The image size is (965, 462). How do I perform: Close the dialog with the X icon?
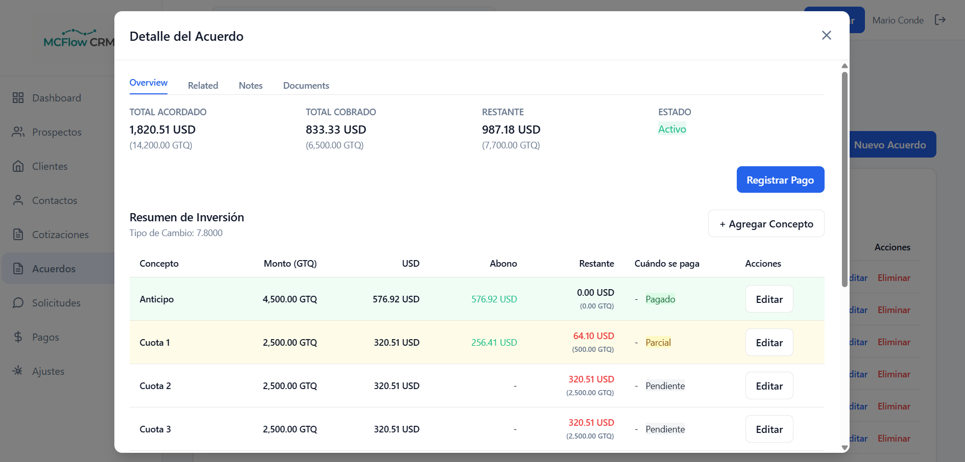826,35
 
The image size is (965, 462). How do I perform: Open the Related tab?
203,86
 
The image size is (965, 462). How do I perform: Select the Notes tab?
250,86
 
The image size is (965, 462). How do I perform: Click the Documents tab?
306,86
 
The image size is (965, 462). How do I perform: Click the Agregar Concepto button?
766,224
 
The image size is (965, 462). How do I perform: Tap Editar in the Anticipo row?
769,299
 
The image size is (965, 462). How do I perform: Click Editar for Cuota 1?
769,343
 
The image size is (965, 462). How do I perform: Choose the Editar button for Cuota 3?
769,429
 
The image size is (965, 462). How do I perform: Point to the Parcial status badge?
658,343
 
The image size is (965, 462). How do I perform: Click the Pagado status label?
660,299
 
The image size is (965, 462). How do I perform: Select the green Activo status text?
672,130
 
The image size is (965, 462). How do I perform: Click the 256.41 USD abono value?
494,343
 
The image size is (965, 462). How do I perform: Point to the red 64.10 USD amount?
593,336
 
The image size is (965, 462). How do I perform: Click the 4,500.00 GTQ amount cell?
289,299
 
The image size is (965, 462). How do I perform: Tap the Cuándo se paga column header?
667,264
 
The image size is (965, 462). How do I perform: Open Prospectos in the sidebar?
56,132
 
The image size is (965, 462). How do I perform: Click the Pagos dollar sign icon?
18,337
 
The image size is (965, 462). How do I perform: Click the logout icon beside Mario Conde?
940,20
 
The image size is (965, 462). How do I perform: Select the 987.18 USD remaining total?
511,130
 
